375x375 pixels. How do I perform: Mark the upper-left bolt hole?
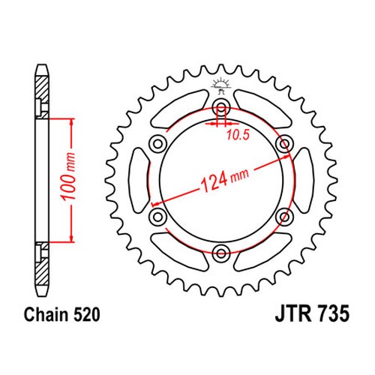click(x=157, y=142)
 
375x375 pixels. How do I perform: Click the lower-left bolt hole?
click(x=157, y=216)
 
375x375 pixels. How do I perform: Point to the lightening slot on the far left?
click(x=139, y=179)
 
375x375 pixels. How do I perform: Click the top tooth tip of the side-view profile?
click(x=42, y=70)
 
